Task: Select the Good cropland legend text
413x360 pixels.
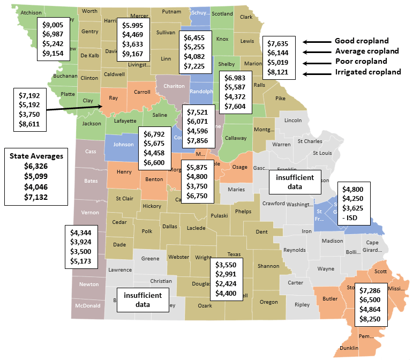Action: [362, 41]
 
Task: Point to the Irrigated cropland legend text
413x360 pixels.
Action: [368, 72]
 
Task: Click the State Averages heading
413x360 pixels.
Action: [36, 156]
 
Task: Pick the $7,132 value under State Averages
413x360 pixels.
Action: [36, 198]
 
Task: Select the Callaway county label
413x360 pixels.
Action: [235, 138]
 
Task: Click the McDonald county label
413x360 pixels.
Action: [88, 306]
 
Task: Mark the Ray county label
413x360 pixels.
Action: [114, 98]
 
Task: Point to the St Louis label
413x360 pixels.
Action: [322, 153]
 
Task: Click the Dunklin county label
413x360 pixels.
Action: [349, 348]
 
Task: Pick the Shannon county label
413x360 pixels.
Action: [268, 266]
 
